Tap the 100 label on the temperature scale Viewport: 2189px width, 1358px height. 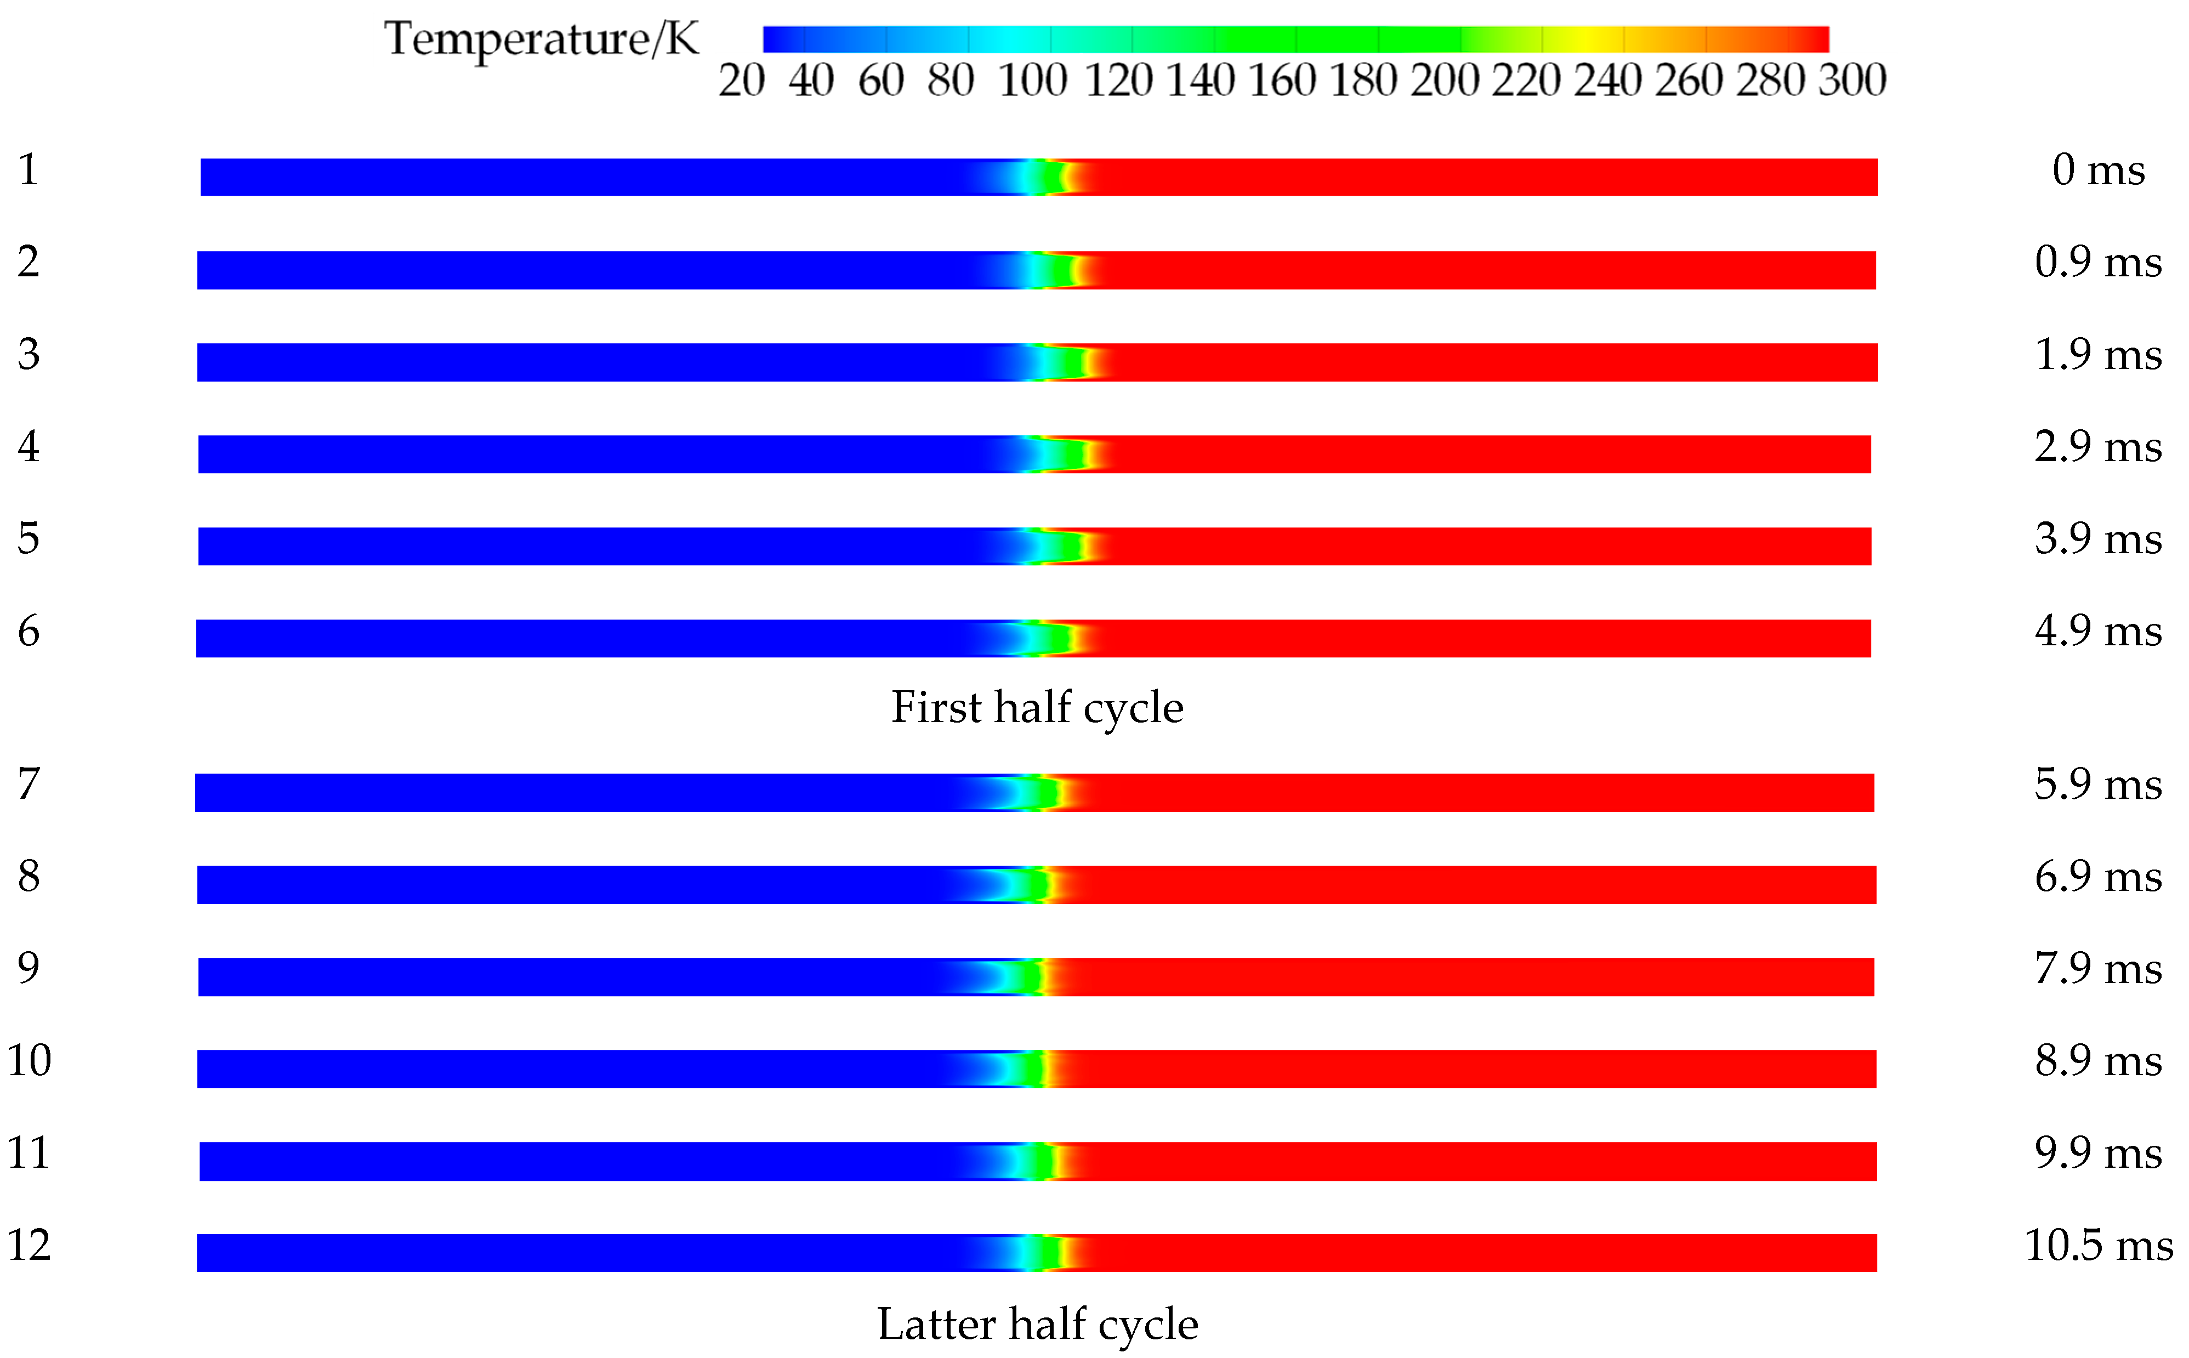coord(1032,80)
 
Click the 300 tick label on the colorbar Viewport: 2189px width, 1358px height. coord(1851,80)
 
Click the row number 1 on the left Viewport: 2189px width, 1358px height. coord(29,170)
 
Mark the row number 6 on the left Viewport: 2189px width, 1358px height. coord(29,632)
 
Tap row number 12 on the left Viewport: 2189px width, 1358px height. coord(29,1246)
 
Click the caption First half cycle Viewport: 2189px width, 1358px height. coord(1037,708)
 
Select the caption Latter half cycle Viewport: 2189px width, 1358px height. coord(1037,1325)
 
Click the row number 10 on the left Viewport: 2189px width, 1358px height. coord(29,1061)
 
